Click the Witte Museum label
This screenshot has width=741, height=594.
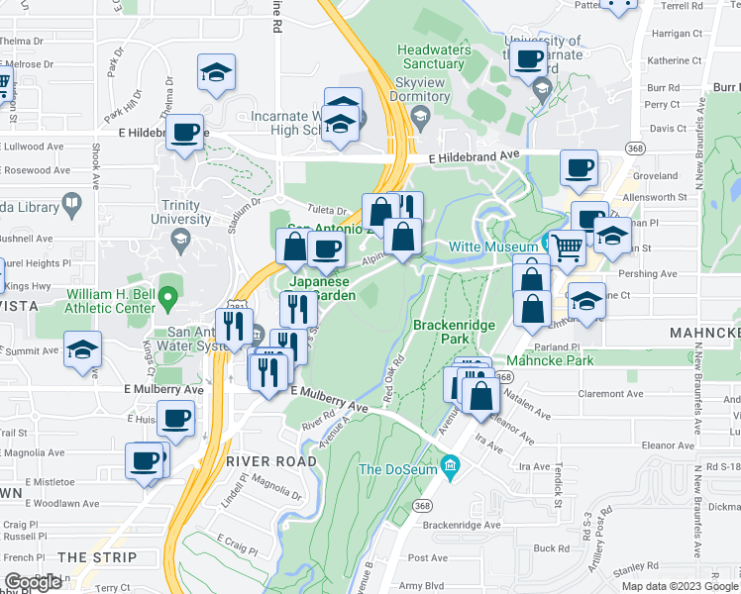click(492, 246)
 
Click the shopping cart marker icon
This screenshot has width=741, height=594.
click(567, 247)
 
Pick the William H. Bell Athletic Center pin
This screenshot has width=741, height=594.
click(168, 294)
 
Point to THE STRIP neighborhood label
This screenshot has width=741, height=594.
click(96, 557)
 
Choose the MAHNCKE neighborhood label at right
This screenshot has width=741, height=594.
click(703, 333)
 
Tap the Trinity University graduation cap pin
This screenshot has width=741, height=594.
click(180, 240)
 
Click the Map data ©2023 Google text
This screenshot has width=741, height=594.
click(680, 586)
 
